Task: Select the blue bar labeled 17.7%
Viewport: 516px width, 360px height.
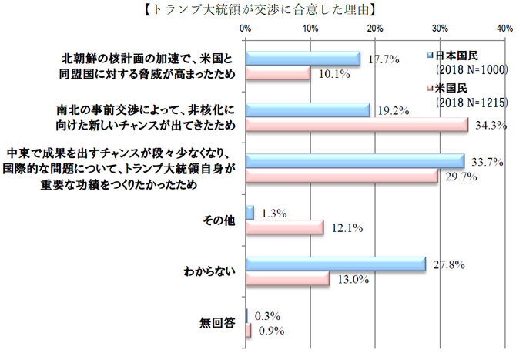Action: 303,59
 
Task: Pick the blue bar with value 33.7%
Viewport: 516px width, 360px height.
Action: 354,161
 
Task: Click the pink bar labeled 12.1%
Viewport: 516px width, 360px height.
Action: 284,227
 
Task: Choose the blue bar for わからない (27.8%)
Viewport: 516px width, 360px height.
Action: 335,264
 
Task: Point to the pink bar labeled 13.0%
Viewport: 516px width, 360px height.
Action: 287,279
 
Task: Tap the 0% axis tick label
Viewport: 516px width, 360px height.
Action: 246,29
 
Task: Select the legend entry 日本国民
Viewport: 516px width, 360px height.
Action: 461,56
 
